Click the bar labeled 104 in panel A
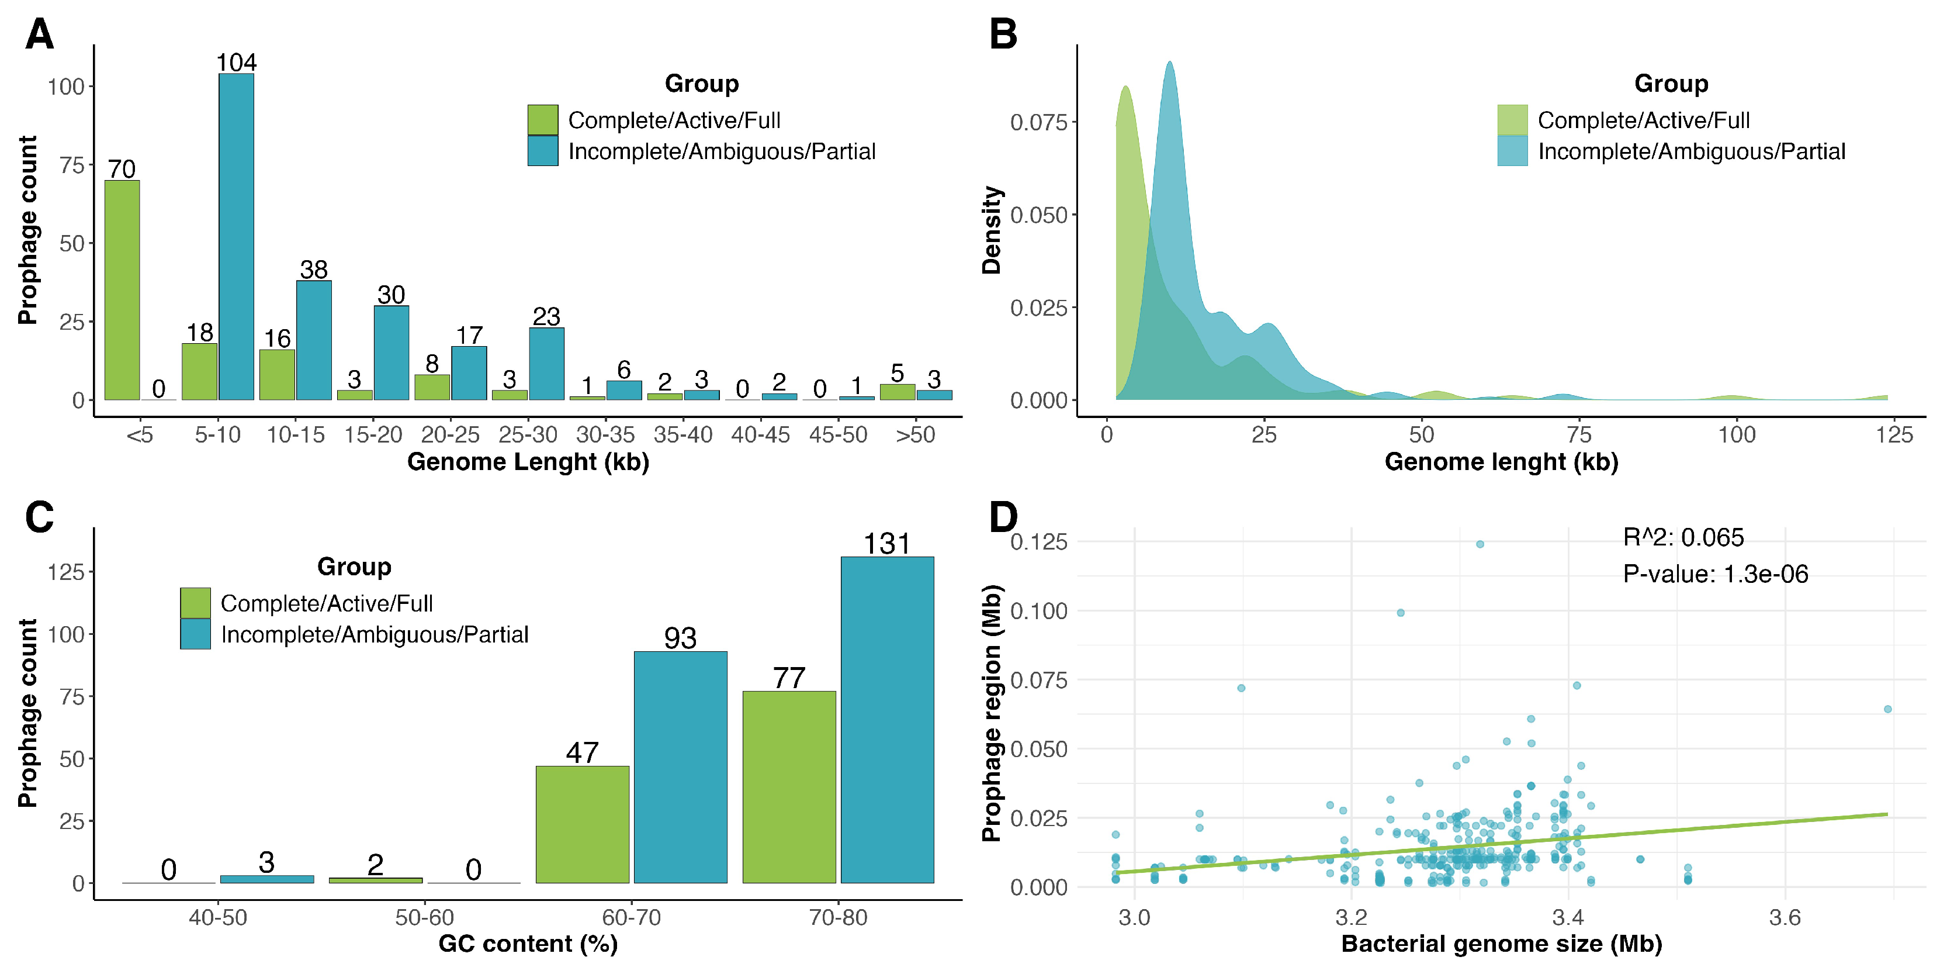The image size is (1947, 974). (x=236, y=236)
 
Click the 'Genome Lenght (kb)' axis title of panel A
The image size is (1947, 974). (x=528, y=461)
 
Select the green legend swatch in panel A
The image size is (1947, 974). (x=543, y=119)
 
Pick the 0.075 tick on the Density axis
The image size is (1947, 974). (x=1038, y=123)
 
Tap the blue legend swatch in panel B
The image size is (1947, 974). (x=1512, y=151)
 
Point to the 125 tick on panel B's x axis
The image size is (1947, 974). (x=1894, y=435)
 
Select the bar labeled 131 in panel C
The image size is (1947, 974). (x=888, y=719)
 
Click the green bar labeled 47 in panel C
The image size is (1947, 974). (x=582, y=824)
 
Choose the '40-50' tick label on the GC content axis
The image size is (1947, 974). (x=218, y=917)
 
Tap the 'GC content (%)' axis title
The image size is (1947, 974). (x=528, y=944)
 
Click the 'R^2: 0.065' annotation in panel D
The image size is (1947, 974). (x=1683, y=538)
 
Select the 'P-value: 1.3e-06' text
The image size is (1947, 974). (x=1715, y=574)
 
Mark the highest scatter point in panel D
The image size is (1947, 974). (x=1480, y=544)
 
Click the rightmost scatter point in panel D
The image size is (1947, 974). (x=1887, y=709)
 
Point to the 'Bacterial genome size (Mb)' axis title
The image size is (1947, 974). (x=1501, y=944)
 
